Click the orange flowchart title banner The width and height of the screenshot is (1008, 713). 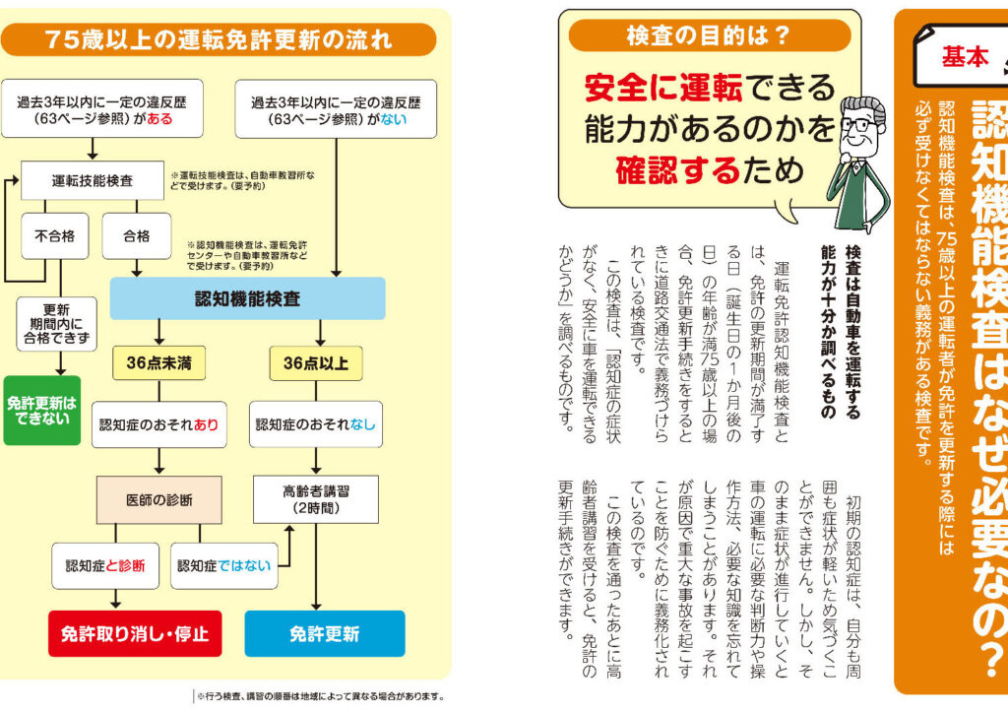(x=219, y=39)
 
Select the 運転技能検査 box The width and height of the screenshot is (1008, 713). (x=93, y=181)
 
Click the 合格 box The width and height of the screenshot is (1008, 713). (x=136, y=236)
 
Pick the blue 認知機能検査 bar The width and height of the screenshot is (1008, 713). (x=247, y=298)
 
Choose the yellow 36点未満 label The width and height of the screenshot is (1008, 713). (x=158, y=362)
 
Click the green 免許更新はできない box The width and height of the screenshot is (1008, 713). (x=41, y=410)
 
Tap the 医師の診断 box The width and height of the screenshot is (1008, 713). (x=158, y=499)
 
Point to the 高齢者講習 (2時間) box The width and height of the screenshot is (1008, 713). (x=316, y=499)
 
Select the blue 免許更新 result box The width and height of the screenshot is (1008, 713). (x=324, y=633)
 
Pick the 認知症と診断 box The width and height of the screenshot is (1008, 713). (x=105, y=565)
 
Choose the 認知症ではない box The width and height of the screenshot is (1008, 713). (x=223, y=565)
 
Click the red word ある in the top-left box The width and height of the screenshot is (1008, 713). (x=157, y=120)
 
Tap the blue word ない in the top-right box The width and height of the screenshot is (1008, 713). (x=395, y=120)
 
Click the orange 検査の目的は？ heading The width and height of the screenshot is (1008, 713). (x=709, y=36)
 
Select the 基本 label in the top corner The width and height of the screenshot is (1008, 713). (x=965, y=57)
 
